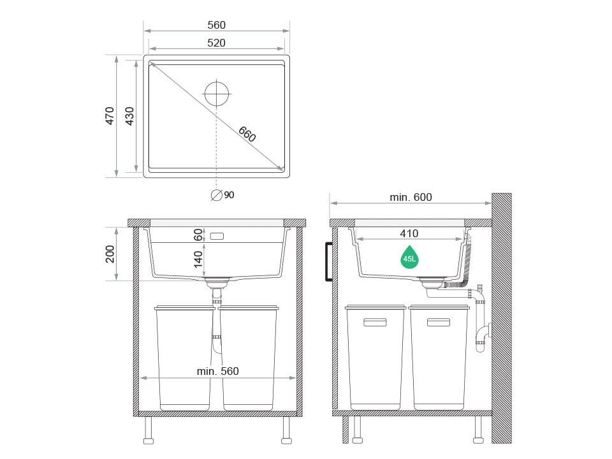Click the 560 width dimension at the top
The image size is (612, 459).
point(216,25)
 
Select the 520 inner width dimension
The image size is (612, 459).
point(216,43)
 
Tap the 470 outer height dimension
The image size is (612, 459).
point(110,116)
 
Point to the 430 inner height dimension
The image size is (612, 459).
point(129,116)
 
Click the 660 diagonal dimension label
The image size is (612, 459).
point(247,134)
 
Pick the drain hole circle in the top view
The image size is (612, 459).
point(217,94)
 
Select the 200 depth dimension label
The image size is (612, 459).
point(110,254)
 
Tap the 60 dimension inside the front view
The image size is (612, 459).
point(198,235)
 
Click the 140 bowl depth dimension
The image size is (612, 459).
point(198,259)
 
